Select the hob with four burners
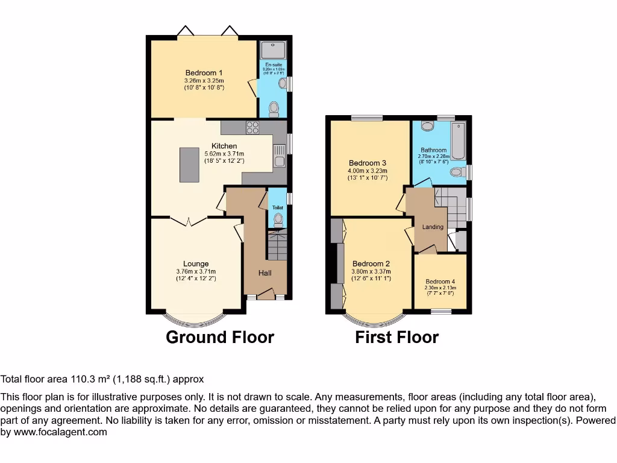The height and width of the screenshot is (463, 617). click(252, 128)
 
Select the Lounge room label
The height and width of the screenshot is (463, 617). click(196, 263)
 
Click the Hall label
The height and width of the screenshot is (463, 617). click(265, 273)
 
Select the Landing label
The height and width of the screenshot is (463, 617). click(433, 227)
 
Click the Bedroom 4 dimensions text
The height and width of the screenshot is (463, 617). click(440, 291)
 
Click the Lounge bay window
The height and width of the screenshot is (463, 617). click(196, 317)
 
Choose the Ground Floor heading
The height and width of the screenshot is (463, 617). click(219, 337)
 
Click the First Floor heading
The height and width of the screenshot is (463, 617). click(396, 337)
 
